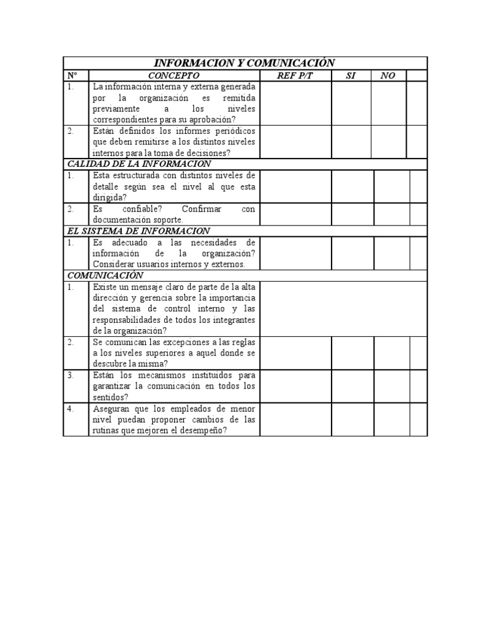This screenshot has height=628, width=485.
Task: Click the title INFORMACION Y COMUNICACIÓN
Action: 244,63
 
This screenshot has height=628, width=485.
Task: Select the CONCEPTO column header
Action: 174,76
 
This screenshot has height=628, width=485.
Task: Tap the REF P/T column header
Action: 295,76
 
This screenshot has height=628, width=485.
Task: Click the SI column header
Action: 351,76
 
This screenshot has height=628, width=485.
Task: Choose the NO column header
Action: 388,76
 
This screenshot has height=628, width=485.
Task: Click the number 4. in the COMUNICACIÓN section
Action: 71,409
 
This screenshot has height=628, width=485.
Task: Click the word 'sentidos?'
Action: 111,397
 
